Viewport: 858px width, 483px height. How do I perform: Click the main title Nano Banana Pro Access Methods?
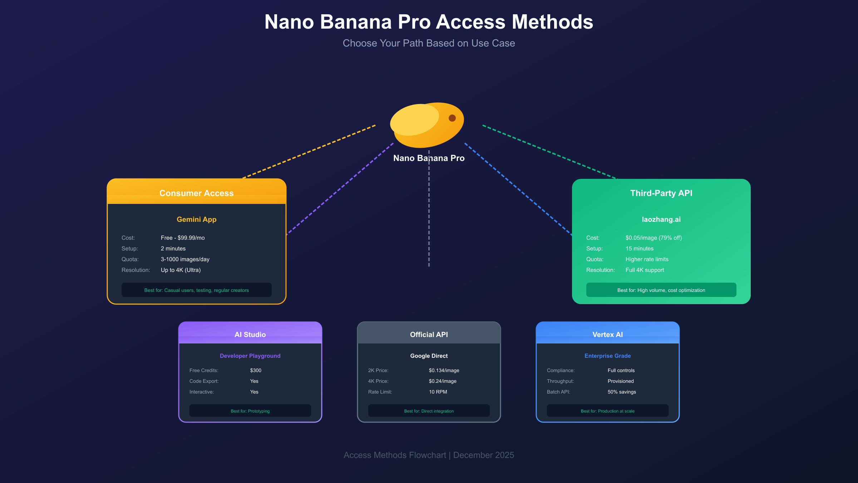click(x=429, y=22)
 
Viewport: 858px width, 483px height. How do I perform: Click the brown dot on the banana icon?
click(x=452, y=118)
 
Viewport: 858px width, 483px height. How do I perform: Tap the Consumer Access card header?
click(x=196, y=193)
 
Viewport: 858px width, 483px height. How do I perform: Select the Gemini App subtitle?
click(x=196, y=219)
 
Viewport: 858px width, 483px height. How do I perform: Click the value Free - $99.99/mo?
click(x=183, y=238)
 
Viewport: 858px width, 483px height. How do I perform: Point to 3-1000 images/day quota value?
click(x=185, y=259)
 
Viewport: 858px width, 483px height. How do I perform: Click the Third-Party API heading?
click(x=661, y=193)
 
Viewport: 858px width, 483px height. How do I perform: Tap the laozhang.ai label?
click(x=661, y=219)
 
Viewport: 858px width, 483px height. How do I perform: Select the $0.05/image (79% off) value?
click(x=654, y=238)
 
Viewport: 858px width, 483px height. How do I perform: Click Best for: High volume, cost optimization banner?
click(x=661, y=290)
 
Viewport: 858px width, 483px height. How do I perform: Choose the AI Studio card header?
click(x=250, y=335)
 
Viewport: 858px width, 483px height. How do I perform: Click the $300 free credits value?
click(x=256, y=370)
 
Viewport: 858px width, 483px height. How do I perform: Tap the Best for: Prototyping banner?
click(x=250, y=411)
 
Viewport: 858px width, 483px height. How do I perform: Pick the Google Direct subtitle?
click(x=429, y=356)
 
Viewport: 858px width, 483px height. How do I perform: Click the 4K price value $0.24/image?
click(x=443, y=381)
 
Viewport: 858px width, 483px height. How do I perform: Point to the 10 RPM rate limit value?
click(x=438, y=392)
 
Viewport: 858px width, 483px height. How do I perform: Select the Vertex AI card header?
click(x=607, y=335)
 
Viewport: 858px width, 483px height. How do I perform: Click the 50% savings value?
click(x=622, y=392)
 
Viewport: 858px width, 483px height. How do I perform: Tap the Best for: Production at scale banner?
click(x=607, y=411)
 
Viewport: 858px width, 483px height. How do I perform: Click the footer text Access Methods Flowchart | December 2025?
click(x=429, y=455)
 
